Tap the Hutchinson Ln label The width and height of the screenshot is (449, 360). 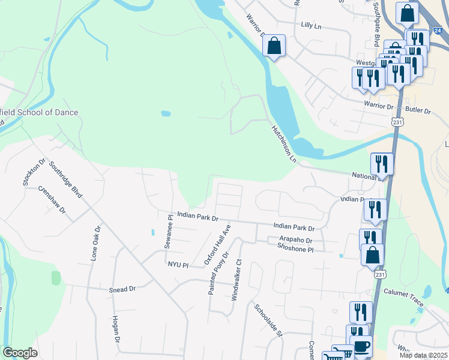[283, 144]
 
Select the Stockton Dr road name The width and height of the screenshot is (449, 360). [34, 173]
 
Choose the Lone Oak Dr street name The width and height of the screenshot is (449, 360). [94, 243]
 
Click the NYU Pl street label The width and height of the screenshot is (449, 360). [178, 264]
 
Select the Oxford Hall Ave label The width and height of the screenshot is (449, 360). [217, 245]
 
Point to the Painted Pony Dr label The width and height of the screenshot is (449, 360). [218, 274]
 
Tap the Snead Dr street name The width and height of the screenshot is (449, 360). [122, 289]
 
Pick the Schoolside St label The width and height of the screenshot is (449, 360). [268, 320]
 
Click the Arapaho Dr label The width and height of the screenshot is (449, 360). [296, 240]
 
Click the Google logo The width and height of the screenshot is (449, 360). [20, 353]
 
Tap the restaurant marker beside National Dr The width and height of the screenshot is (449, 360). [382, 163]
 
